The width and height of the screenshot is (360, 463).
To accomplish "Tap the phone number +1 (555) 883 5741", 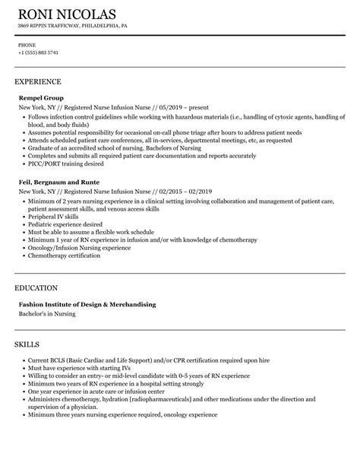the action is click(x=38, y=52).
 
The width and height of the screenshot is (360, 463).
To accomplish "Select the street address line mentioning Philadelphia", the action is click(x=72, y=25).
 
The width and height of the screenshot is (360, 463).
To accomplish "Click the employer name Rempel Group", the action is click(x=41, y=98).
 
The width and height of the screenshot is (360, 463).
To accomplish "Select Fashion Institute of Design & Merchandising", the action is click(x=87, y=304).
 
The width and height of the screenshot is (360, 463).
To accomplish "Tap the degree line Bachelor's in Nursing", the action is click(x=50, y=314).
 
